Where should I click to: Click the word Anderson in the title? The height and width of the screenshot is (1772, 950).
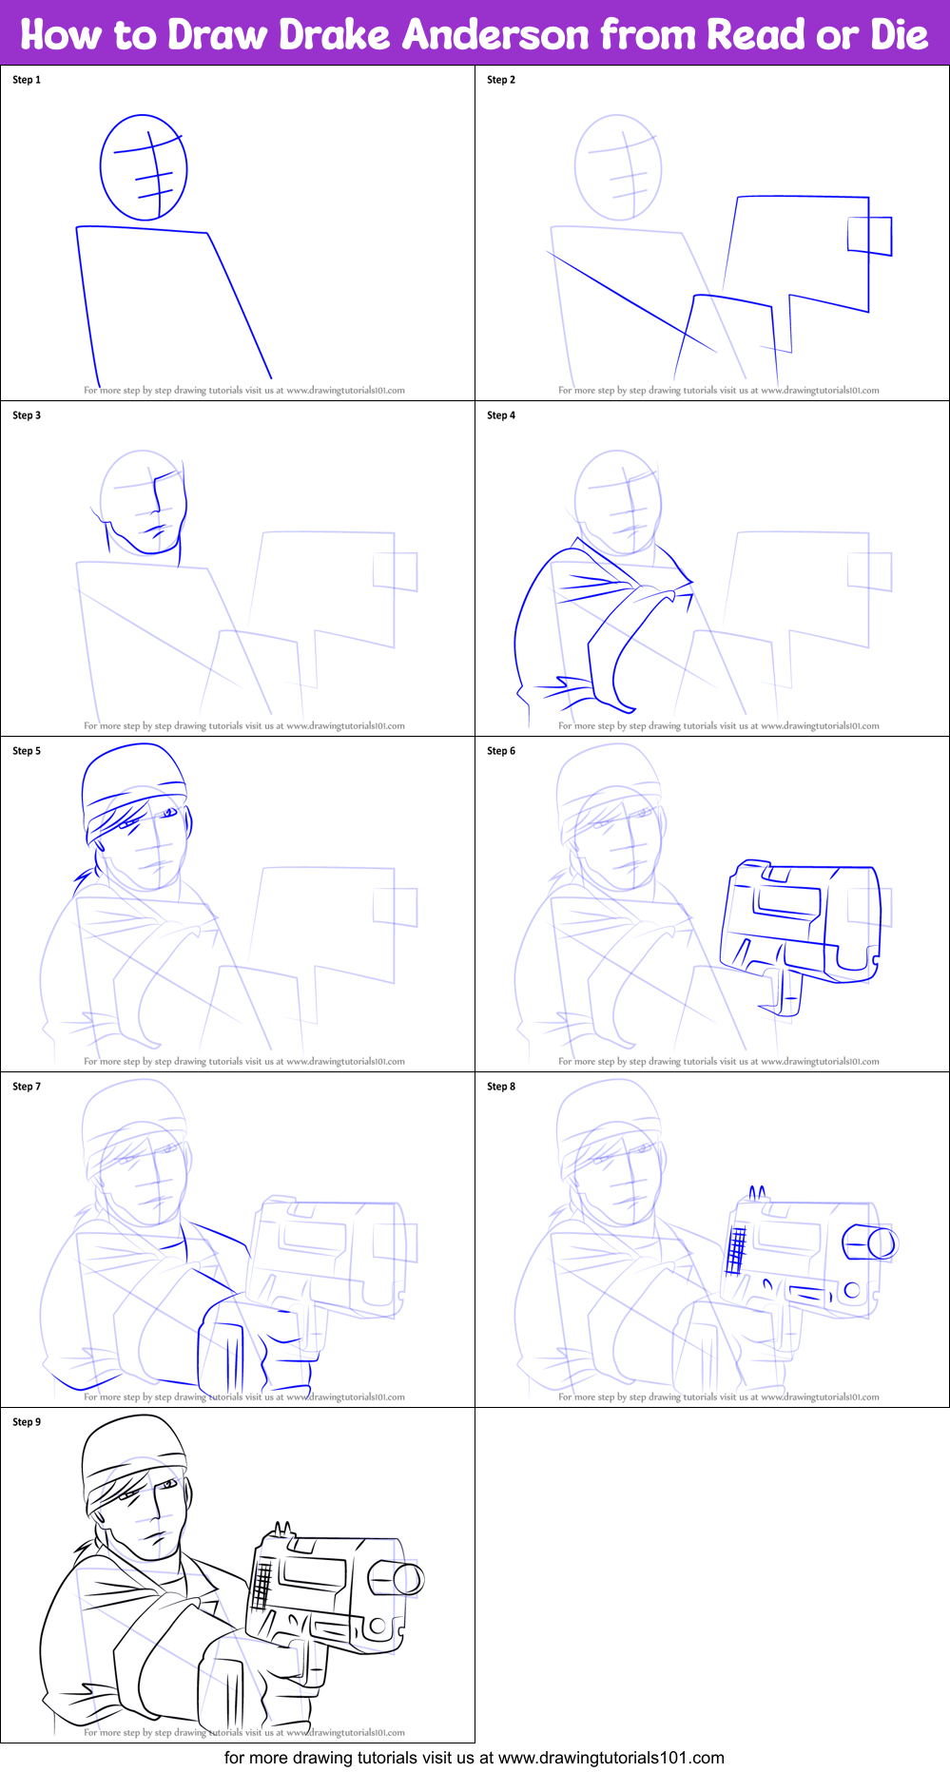point(495,35)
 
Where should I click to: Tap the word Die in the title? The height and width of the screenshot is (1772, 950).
point(898,35)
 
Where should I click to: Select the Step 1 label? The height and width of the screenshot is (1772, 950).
point(27,80)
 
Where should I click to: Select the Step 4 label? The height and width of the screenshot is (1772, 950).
point(501,415)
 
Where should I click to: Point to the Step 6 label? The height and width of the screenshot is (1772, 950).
point(501,751)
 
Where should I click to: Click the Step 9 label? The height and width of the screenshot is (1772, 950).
point(27,1422)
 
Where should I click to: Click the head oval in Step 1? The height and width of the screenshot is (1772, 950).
point(143,167)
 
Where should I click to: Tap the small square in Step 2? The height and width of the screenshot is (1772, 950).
point(869,236)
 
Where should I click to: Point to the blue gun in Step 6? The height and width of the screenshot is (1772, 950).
point(799,922)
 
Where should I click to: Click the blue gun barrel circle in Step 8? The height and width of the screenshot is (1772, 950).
point(882,1243)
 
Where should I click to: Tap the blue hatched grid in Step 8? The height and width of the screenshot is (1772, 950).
point(736,1249)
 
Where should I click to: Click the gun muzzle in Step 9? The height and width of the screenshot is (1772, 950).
point(408,1579)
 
